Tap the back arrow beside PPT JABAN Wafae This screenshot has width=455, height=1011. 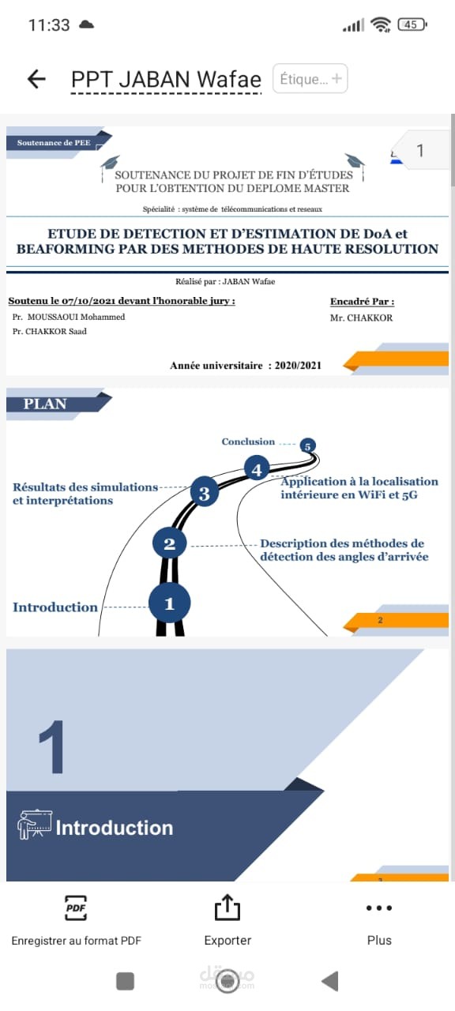tap(36, 78)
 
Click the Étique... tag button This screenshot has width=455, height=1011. tap(310, 79)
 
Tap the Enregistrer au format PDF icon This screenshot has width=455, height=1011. tap(76, 908)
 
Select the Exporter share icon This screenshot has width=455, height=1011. tap(227, 908)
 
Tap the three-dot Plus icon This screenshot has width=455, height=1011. tap(379, 908)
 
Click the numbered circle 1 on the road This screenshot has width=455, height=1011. tap(169, 603)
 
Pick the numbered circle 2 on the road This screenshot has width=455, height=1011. tap(169, 543)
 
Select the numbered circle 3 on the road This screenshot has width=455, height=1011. tap(205, 494)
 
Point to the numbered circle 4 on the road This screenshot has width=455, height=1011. tap(257, 469)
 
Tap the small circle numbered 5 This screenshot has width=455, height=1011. tap(307, 446)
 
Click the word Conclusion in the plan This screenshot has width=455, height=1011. tap(248, 442)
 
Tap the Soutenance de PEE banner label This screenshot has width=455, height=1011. tap(54, 143)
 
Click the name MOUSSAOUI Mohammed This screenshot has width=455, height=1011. tap(76, 317)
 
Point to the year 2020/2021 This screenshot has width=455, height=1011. tap(298, 366)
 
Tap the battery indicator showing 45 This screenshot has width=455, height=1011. tap(412, 24)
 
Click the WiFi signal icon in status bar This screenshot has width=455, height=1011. tap(380, 24)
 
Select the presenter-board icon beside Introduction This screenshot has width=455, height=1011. tap(35, 825)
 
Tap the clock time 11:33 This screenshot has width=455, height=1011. tap(49, 24)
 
